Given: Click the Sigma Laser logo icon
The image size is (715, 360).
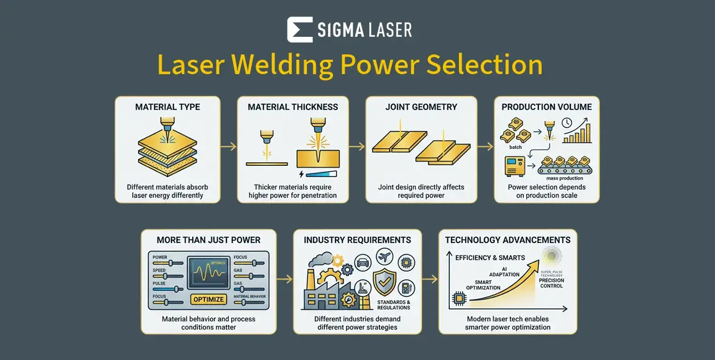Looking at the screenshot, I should click(299, 29).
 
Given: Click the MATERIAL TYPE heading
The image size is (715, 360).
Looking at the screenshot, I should click(168, 107).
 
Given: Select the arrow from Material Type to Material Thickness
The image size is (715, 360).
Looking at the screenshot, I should click(228, 146).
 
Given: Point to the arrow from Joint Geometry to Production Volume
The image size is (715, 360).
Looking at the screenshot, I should click(485, 146).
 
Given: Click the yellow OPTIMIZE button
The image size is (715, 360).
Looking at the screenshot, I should click(208, 299).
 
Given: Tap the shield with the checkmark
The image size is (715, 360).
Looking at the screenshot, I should click(384, 282).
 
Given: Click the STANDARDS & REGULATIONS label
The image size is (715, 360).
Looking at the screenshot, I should click(393, 305).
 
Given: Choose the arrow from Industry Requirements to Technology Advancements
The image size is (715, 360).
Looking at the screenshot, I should click(430, 278).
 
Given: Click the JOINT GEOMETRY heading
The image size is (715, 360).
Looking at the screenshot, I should click(422, 107).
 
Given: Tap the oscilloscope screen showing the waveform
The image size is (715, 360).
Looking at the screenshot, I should click(209, 273).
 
